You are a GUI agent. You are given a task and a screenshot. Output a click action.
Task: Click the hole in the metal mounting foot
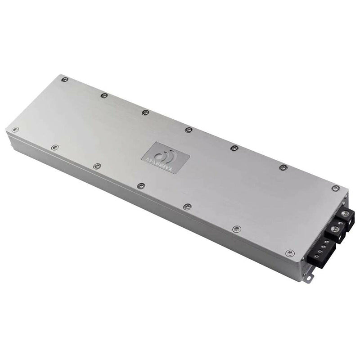(x=309, y=277)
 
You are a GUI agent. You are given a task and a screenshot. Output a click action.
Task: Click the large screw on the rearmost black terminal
(x=345, y=213)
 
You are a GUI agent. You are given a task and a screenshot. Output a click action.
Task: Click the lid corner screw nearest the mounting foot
(x=289, y=253)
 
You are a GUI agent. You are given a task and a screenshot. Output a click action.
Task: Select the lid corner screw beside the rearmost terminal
(x=335, y=188)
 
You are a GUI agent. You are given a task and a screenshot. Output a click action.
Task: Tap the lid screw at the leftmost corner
(x=15, y=130)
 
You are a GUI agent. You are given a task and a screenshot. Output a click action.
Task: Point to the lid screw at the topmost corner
(x=65, y=80)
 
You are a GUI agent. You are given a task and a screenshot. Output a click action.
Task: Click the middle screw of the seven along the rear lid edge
(x=189, y=130)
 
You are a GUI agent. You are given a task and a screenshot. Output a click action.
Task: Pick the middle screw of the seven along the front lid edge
(x=141, y=185)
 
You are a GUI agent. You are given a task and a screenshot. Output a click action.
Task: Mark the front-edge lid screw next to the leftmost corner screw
(x=55, y=147)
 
